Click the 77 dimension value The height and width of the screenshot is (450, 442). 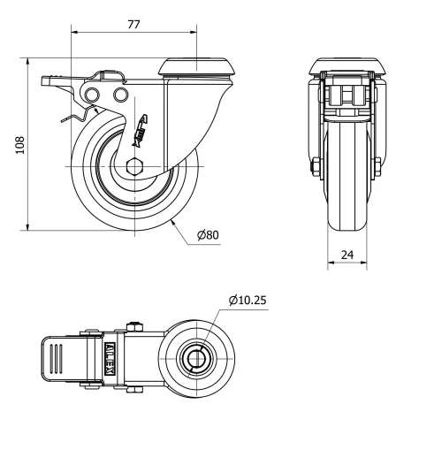click(x=133, y=25)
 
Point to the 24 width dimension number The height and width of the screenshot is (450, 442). click(x=347, y=255)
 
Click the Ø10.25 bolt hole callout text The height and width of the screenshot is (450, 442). click(x=248, y=301)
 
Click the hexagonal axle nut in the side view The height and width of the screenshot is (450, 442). click(x=133, y=165)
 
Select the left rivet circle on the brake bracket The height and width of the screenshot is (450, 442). click(x=90, y=95)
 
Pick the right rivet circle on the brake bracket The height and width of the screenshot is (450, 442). click(x=120, y=94)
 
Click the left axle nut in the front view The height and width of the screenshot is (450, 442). click(x=316, y=165)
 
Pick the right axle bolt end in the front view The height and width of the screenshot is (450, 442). click(x=378, y=165)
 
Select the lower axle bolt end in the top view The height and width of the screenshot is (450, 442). click(x=133, y=390)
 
